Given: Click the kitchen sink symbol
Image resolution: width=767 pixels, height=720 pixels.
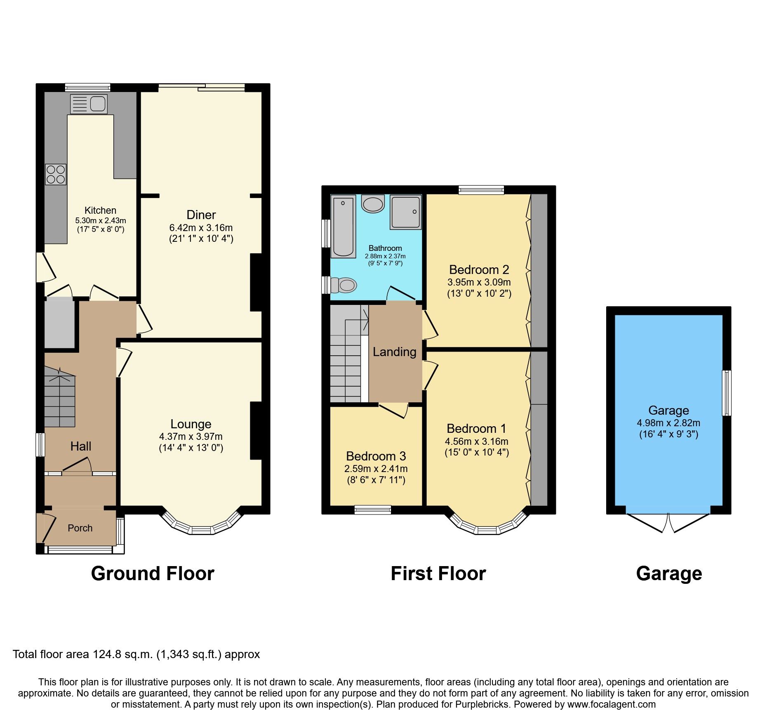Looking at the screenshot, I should [89, 104].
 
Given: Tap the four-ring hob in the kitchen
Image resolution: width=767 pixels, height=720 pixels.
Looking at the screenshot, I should [56, 175].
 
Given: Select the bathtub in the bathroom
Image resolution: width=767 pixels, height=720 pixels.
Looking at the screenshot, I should [343, 227].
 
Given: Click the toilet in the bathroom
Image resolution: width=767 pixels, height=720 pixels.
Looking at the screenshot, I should [344, 285].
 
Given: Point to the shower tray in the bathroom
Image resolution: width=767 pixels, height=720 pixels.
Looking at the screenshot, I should [406, 212].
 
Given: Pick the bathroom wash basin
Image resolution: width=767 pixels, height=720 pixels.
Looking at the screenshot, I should [373, 204].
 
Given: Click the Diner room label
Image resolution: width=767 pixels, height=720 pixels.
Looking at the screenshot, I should [201, 215].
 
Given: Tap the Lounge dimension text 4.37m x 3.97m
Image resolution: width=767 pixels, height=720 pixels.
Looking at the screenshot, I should [191, 437].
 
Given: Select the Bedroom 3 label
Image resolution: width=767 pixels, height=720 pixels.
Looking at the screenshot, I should [376, 456].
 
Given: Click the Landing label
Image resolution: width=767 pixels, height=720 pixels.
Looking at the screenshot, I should [394, 352].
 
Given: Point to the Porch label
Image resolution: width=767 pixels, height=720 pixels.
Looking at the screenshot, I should [80, 528].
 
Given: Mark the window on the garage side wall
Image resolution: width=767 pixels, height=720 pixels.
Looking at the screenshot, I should [727, 393].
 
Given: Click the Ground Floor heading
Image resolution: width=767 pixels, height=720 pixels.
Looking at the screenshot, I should [153, 574].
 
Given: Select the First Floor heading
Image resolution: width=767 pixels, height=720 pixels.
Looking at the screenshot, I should [438, 574].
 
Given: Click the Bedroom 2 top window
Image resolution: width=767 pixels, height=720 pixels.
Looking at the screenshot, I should [481, 190].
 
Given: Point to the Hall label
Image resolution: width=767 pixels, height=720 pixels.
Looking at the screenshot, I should [80, 446].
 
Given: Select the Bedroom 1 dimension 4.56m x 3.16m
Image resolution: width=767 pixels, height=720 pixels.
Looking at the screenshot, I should [476, 441].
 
